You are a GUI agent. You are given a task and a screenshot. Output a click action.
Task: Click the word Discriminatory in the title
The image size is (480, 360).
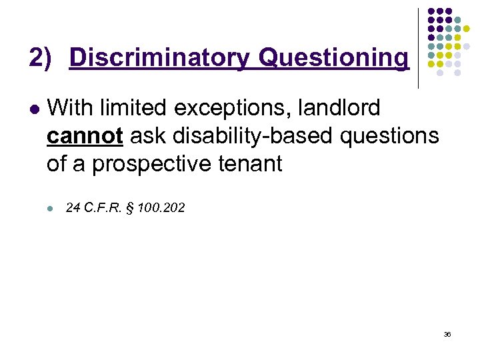161,58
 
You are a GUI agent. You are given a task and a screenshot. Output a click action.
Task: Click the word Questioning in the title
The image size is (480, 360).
333,58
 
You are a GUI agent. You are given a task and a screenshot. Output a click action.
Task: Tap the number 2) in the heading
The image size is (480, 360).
40,58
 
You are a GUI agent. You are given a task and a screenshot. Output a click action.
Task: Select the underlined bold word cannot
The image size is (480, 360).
85,135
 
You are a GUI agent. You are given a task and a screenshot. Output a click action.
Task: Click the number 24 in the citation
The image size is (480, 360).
73,209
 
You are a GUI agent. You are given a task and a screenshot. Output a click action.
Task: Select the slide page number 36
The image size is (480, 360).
447,333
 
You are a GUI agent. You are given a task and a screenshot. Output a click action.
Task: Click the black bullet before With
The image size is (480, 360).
33,108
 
